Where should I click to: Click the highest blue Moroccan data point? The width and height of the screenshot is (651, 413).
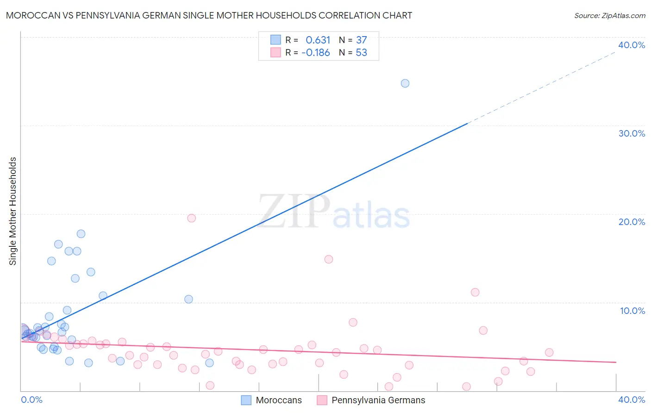405,83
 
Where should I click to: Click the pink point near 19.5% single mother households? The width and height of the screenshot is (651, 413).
191,218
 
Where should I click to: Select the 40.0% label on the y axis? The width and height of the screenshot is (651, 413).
632,45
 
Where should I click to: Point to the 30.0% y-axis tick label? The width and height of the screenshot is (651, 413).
632,133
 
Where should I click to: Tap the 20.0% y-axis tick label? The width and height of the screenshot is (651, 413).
632,222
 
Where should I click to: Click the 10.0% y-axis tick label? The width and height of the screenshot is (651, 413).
632,311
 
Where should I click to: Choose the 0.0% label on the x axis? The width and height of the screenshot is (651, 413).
31,400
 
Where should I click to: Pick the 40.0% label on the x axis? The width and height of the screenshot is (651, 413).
632,400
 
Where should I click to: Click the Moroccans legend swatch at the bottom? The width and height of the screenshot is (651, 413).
246,400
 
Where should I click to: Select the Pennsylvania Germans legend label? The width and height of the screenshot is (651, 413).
378,400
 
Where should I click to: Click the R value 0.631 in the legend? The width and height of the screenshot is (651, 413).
318,40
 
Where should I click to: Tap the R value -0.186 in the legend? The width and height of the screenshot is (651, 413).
315,53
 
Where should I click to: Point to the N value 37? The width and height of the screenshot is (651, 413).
361,40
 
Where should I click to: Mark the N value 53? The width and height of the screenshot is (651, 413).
361,53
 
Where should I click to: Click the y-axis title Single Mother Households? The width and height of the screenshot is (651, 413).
13,211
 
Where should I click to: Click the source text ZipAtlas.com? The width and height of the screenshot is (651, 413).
609,16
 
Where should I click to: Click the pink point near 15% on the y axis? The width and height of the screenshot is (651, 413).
329,259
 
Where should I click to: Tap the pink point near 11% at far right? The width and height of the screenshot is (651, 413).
475,292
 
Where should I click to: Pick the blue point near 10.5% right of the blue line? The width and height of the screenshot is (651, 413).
188,299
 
